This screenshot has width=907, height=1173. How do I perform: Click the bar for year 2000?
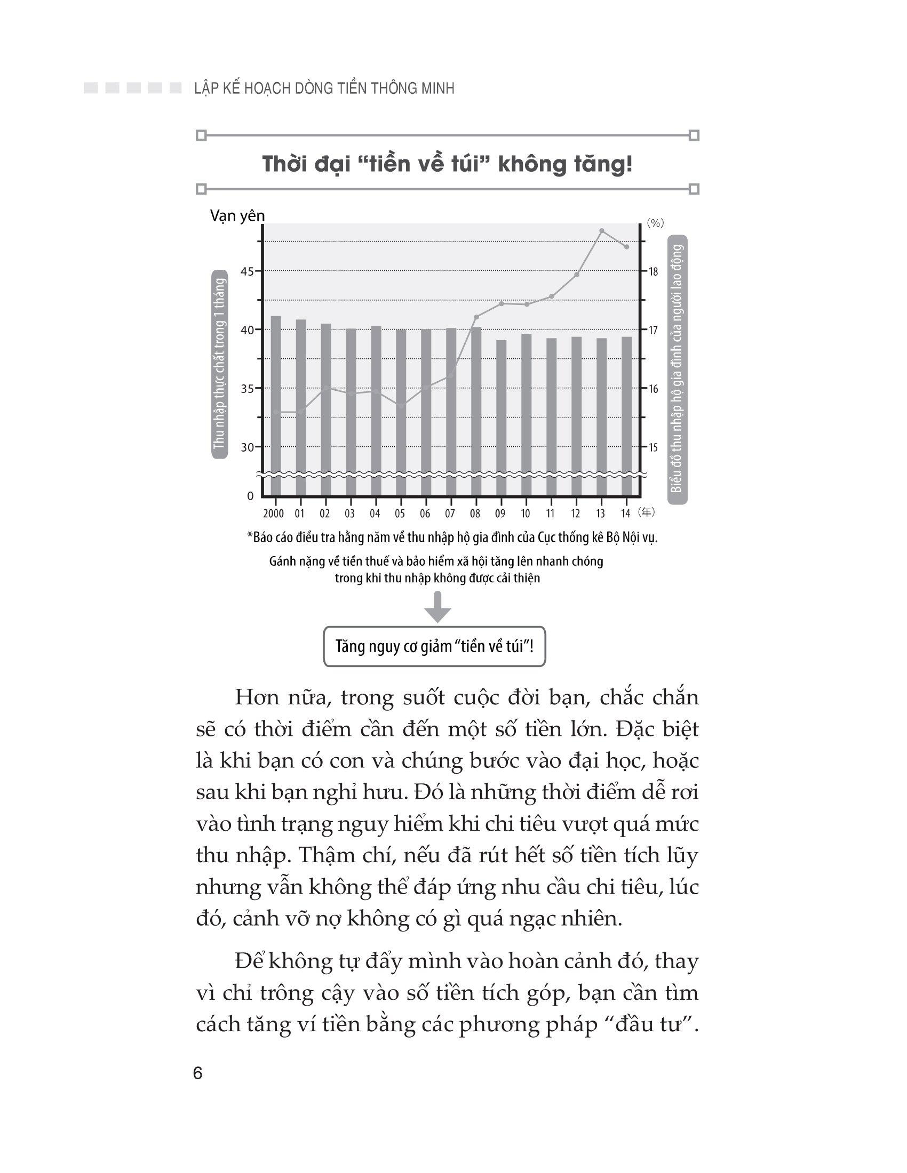(x=276, y=406)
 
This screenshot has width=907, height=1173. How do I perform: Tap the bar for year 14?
(x=626, y=416)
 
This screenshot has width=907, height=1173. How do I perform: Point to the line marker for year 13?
(x=602, y=231)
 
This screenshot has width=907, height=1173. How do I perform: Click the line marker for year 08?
(x=476, y=317)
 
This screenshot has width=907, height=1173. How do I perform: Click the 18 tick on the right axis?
(x=653, y=272)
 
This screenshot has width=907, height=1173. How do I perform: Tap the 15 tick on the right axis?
(x=653, y=447)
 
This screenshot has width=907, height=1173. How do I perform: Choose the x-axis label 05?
(x=400, y=513)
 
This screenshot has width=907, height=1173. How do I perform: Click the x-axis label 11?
(x=550, y=513)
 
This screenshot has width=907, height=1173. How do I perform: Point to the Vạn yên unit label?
(x=237, y=216)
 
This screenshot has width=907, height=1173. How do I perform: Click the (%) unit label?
(x=655, y=223)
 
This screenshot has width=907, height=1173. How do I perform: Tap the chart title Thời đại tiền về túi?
(x=447, y=164)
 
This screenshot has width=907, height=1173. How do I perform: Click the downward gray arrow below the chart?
(x=438, y=607)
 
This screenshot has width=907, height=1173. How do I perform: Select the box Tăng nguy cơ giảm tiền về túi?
(x=434, y=646)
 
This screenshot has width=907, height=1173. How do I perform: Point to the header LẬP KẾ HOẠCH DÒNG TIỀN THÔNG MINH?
(x=324, y=89)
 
